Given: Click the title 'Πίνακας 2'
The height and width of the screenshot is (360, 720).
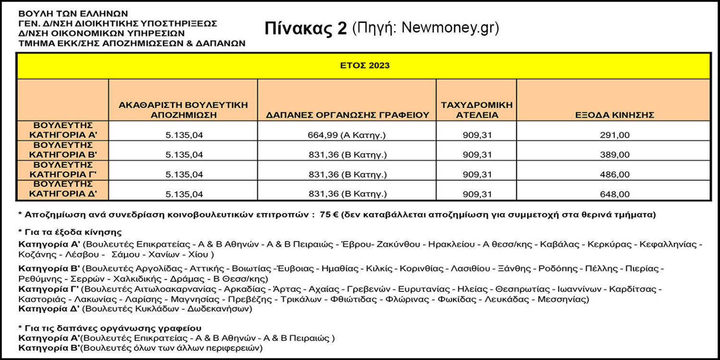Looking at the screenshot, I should point(305,29).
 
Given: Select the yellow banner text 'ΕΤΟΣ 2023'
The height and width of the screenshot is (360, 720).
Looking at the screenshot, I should point(363,65).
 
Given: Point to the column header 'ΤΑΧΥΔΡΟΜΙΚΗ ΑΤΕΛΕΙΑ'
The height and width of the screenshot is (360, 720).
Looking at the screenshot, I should point(476,110).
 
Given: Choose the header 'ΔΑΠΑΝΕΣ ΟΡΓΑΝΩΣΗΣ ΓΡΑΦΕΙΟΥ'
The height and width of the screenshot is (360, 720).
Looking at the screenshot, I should point(347,115).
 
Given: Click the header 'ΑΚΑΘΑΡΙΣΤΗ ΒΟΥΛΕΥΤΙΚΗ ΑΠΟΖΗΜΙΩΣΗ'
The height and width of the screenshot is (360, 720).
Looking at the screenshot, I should point(183,110).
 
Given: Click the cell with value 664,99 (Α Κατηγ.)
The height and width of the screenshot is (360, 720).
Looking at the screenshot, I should point(347,135).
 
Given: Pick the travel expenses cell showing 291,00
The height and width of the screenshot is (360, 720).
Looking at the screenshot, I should point(614,135).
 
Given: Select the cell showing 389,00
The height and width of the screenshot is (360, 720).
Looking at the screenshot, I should point(614,155).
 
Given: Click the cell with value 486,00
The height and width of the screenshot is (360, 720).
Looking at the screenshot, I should point(614,175).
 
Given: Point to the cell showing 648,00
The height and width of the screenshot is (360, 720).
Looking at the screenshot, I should point(614,194).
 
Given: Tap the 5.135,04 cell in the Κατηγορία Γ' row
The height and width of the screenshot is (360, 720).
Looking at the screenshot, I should point(184,175).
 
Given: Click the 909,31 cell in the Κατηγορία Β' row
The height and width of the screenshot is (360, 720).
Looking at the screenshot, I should point(476,155).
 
